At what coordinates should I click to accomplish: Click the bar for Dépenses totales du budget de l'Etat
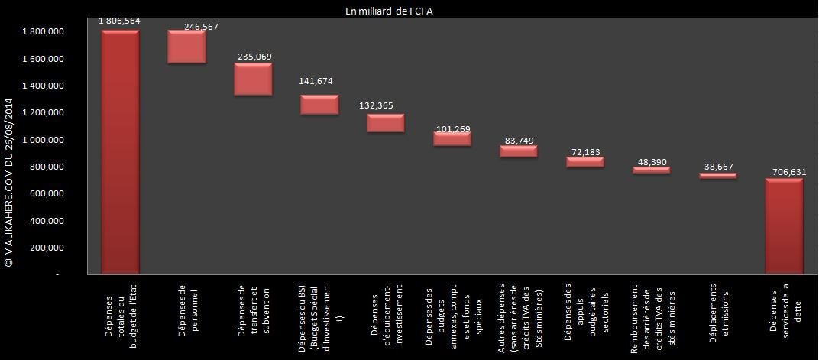(120, 152)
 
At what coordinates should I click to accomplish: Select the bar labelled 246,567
(186, 47)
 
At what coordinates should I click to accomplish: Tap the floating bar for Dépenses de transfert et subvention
(253, 79)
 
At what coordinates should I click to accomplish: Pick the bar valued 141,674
(319, 105)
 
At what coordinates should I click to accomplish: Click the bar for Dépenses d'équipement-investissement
(385, 123)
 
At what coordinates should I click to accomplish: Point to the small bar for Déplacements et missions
(717, 176)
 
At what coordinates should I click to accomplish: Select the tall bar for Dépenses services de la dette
(784, 226)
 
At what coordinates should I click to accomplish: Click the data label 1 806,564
(119, 21)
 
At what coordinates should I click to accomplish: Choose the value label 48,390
(651, 162)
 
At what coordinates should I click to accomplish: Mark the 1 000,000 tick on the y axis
(43, 140)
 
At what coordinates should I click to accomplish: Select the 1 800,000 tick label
(43, 32)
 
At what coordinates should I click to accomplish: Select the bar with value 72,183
(584, 162)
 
